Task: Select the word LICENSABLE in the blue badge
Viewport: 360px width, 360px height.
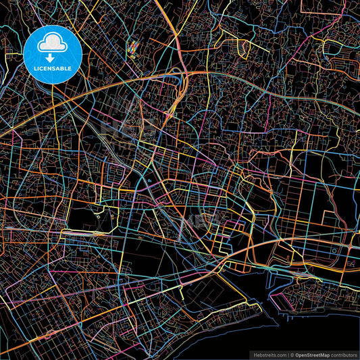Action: click(x=53, y=69)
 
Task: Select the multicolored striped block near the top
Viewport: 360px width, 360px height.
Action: click(x=133, y=47)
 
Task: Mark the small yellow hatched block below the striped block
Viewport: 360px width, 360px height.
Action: click(x=134, y=57)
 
